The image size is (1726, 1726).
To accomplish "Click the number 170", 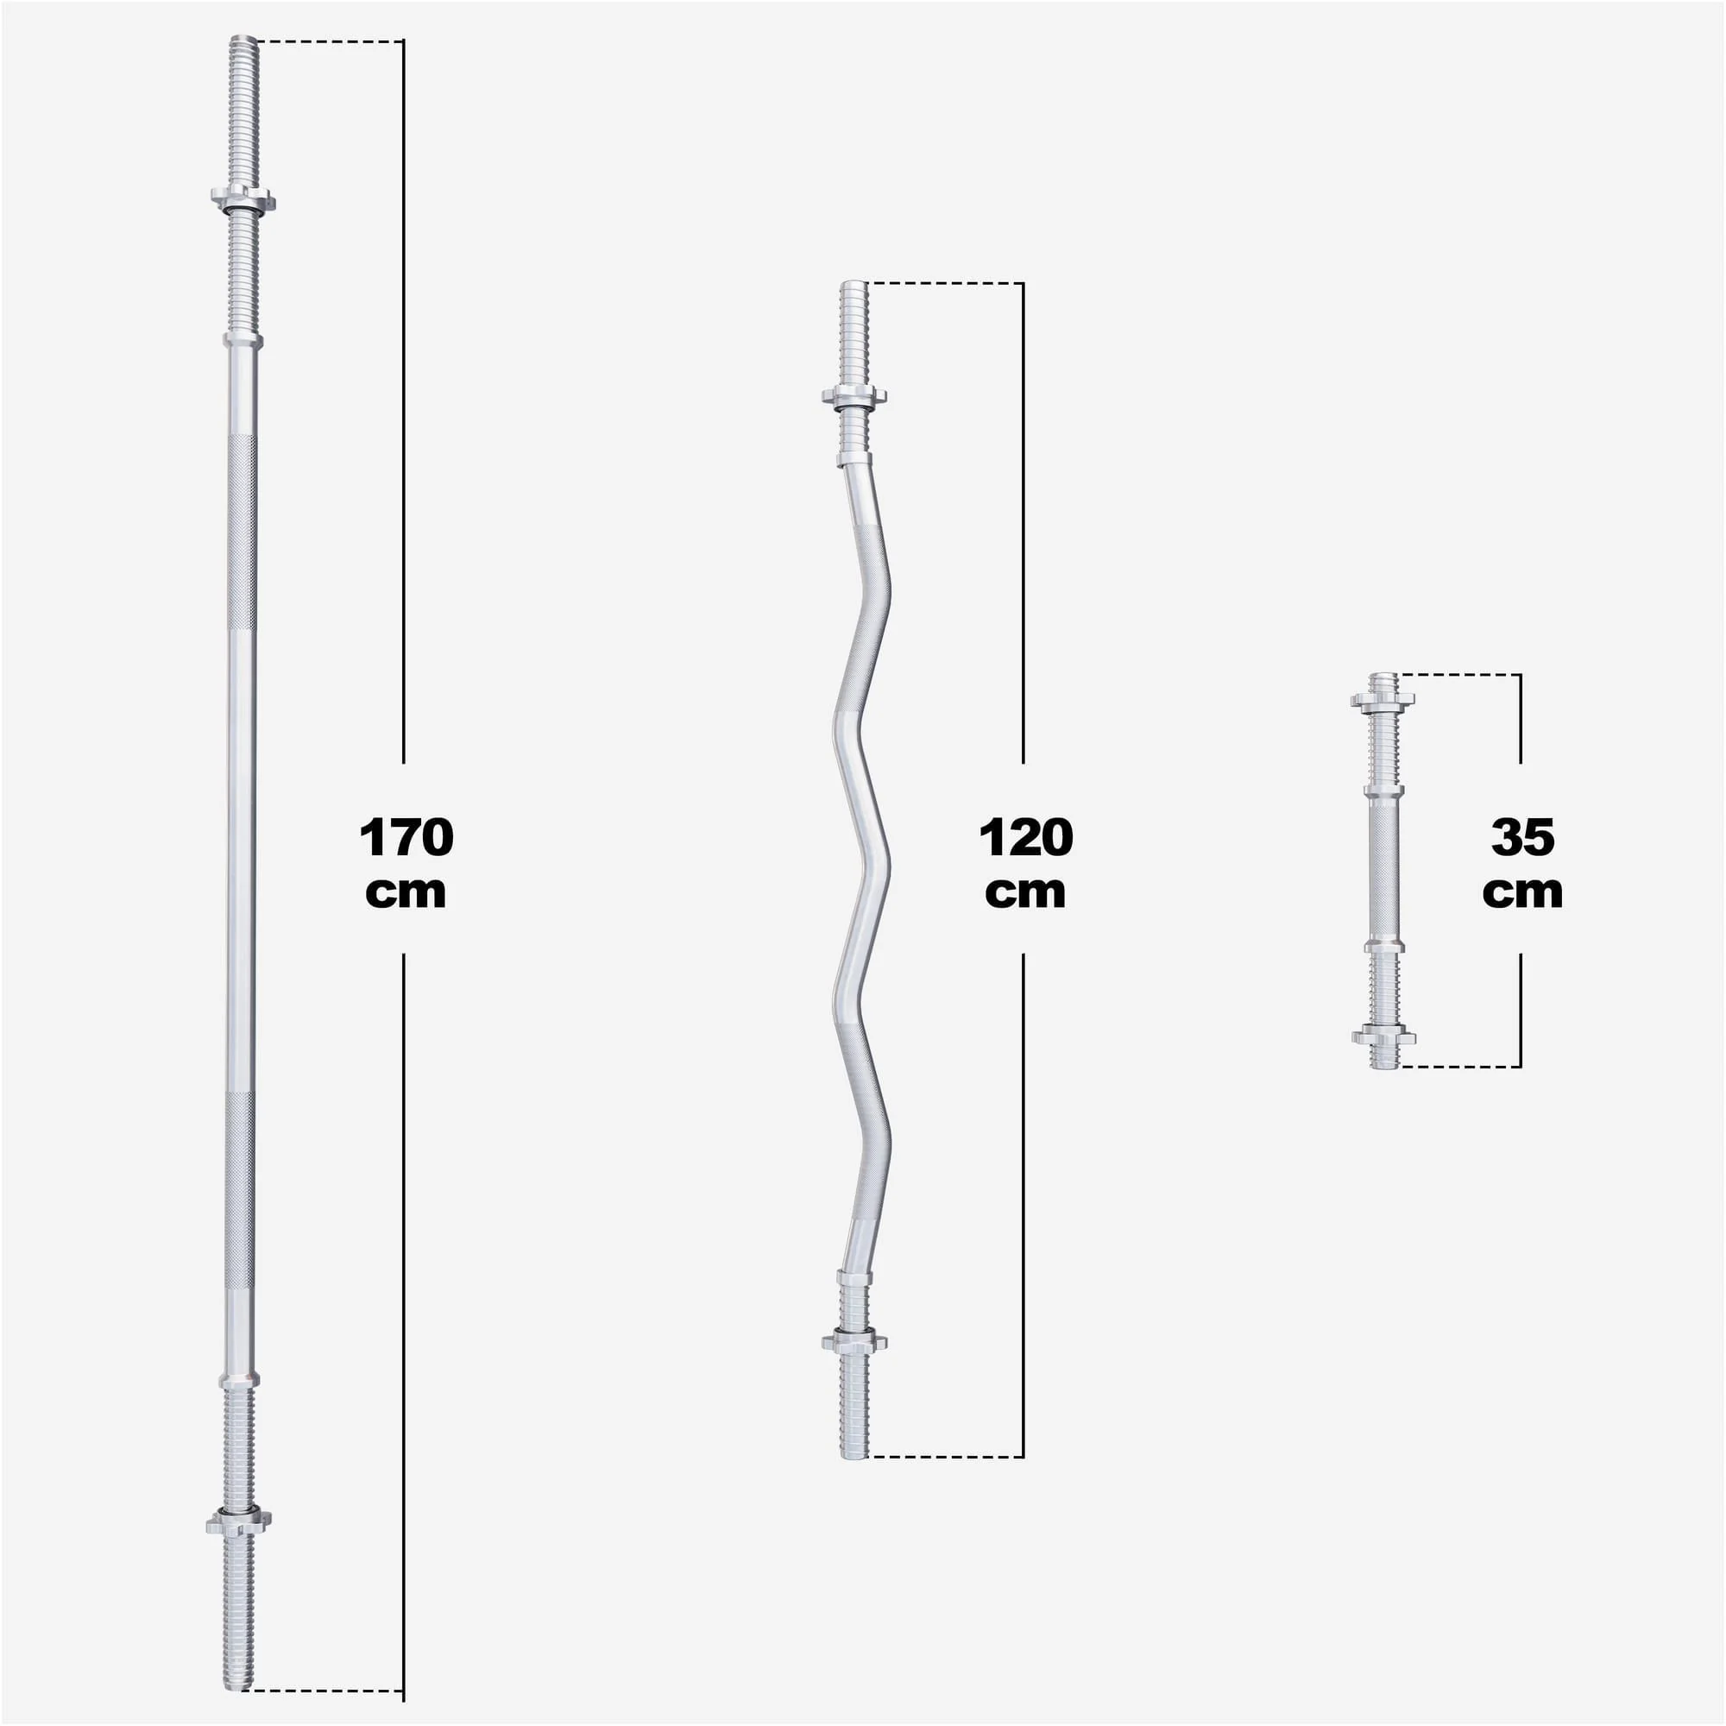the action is click(x=406, y=838).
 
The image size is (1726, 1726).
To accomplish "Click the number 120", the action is click(x=1025, y=838).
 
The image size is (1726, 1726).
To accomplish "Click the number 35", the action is click(x=1523, y=838).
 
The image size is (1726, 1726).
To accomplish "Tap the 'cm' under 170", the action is click(x=406, y=892).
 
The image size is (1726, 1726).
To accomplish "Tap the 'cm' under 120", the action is click(x=1025, y=892).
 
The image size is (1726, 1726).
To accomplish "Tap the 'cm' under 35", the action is click(x=1522, y=892).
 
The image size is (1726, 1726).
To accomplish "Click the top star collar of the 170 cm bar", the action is click(x=243, y=198).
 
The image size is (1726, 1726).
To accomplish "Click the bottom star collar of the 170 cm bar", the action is click(x=238, y=1521).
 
